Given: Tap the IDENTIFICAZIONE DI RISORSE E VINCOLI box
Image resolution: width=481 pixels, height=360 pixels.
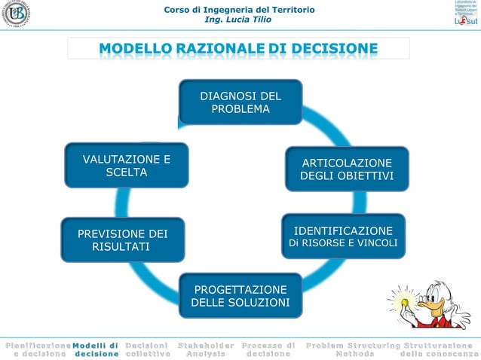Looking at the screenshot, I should point(343,236).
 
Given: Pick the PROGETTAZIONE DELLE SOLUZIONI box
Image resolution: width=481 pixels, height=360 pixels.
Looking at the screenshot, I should point(240,296).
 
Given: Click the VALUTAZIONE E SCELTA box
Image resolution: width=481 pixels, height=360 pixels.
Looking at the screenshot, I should point(126,166).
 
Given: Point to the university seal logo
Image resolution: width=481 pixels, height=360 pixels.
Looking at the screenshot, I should point(17,15).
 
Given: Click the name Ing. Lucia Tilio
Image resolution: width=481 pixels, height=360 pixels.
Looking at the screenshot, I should point(240,20).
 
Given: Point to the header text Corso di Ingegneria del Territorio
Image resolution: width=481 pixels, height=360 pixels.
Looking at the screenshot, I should point(240,9).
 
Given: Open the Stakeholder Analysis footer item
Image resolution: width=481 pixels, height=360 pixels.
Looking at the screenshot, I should point(206,349).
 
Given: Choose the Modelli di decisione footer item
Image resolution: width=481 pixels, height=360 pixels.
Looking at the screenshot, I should point(96,349).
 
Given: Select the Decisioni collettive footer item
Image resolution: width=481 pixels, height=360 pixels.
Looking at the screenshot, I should point(147,349).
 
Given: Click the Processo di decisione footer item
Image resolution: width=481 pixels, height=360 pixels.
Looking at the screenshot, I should point(268,349).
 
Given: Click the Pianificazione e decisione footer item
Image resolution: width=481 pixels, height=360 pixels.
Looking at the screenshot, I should point(36,349).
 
